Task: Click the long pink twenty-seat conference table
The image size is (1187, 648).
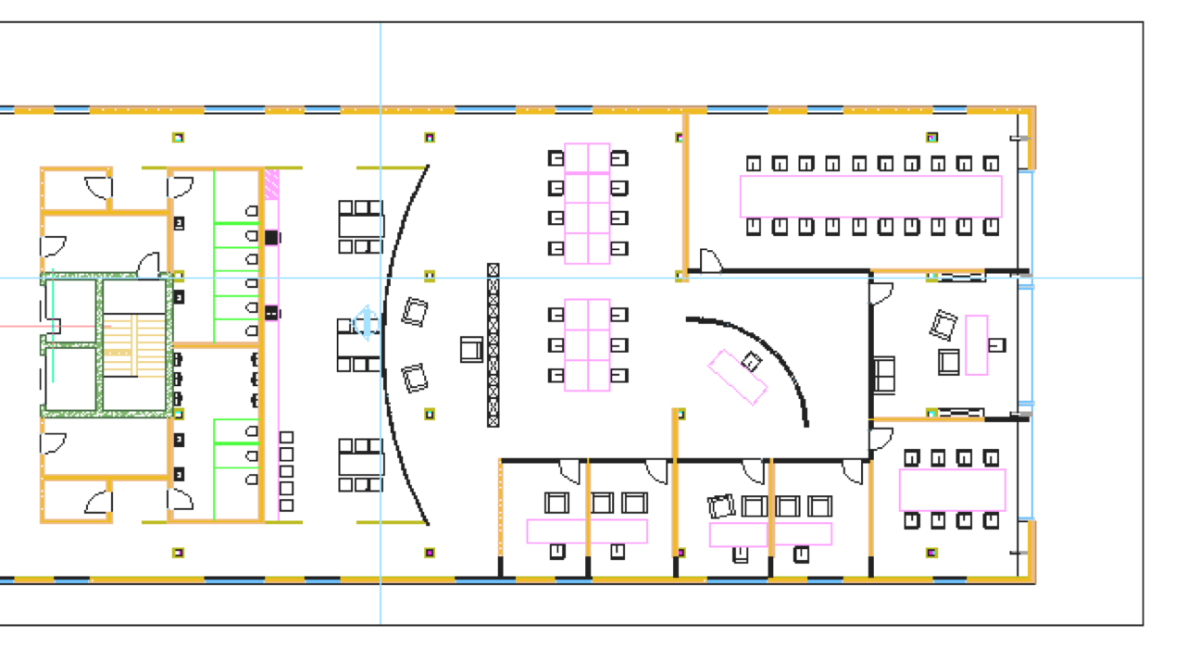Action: pos(870,195)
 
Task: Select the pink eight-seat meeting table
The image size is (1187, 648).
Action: pos(952,490)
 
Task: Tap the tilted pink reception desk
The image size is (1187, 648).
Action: pos(738,377)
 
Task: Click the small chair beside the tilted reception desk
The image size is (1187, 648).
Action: pos(752,362)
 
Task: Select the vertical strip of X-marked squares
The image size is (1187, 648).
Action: pos(494,344)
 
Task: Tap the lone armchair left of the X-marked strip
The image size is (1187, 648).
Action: pos(471,349)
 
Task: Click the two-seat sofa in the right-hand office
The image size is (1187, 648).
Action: pos(884,374)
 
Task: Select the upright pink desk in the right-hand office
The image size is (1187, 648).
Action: pos(976,344)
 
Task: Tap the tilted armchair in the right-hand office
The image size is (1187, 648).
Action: pos(943,325)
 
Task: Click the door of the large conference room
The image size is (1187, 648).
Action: pos(710,261)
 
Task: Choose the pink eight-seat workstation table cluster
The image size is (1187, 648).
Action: pos(587,204)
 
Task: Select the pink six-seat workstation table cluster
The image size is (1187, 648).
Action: pos(587,344)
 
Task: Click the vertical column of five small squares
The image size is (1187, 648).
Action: pos(286,471)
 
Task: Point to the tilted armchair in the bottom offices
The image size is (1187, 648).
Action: pos(721,506)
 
